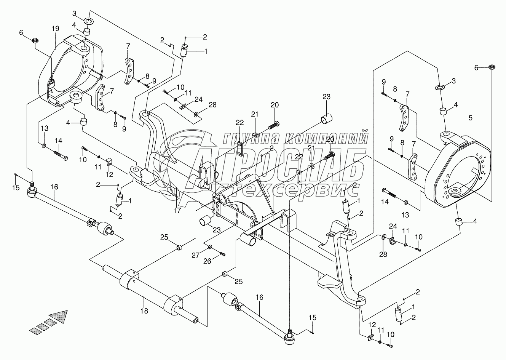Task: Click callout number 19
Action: tap(56, 29)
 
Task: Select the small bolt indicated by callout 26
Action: tap(223, 254)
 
